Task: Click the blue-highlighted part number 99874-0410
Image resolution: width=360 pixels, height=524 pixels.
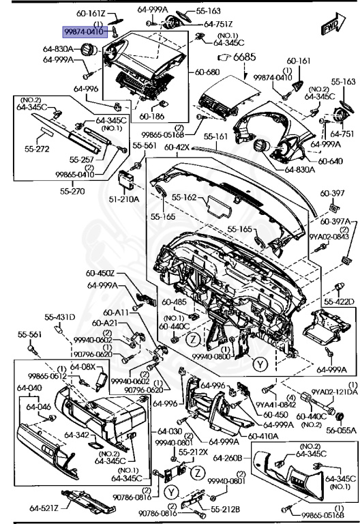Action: [83, 32]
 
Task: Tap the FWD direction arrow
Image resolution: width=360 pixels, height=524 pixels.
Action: [331, 27]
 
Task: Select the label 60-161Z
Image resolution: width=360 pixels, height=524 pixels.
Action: [90, 13]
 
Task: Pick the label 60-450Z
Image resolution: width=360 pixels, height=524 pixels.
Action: [101, 275]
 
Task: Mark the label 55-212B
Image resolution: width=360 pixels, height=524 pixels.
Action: [224, 509]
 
